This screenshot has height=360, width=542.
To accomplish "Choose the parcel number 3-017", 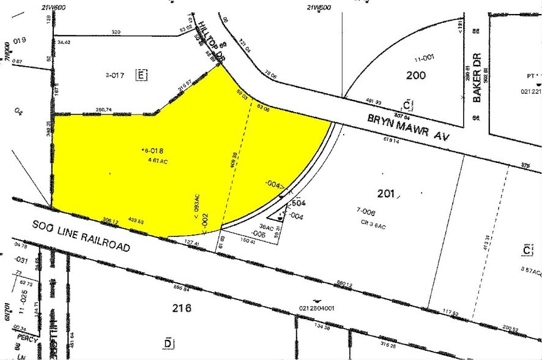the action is click(x=115, y=76).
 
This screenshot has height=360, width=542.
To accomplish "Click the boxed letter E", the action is click(x=141, y=75).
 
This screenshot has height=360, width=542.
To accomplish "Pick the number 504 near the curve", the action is click(x=298, y=203).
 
